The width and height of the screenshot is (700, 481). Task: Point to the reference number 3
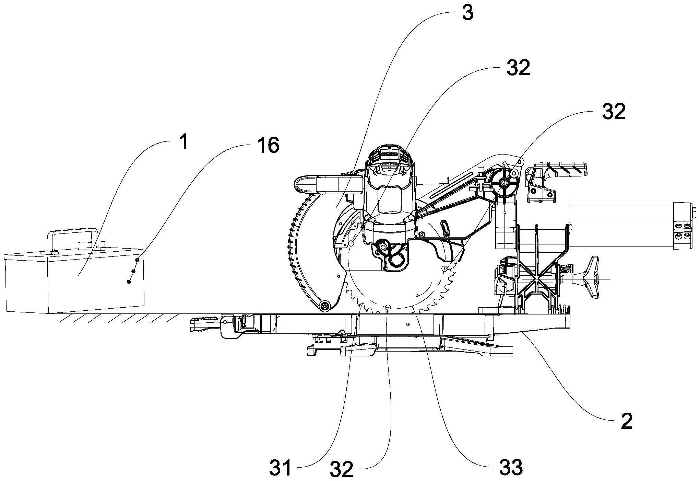tap(467, 13)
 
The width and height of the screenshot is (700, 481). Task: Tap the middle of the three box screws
tap(133, 271)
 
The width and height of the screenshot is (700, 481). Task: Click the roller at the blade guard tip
tap(324, 306)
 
